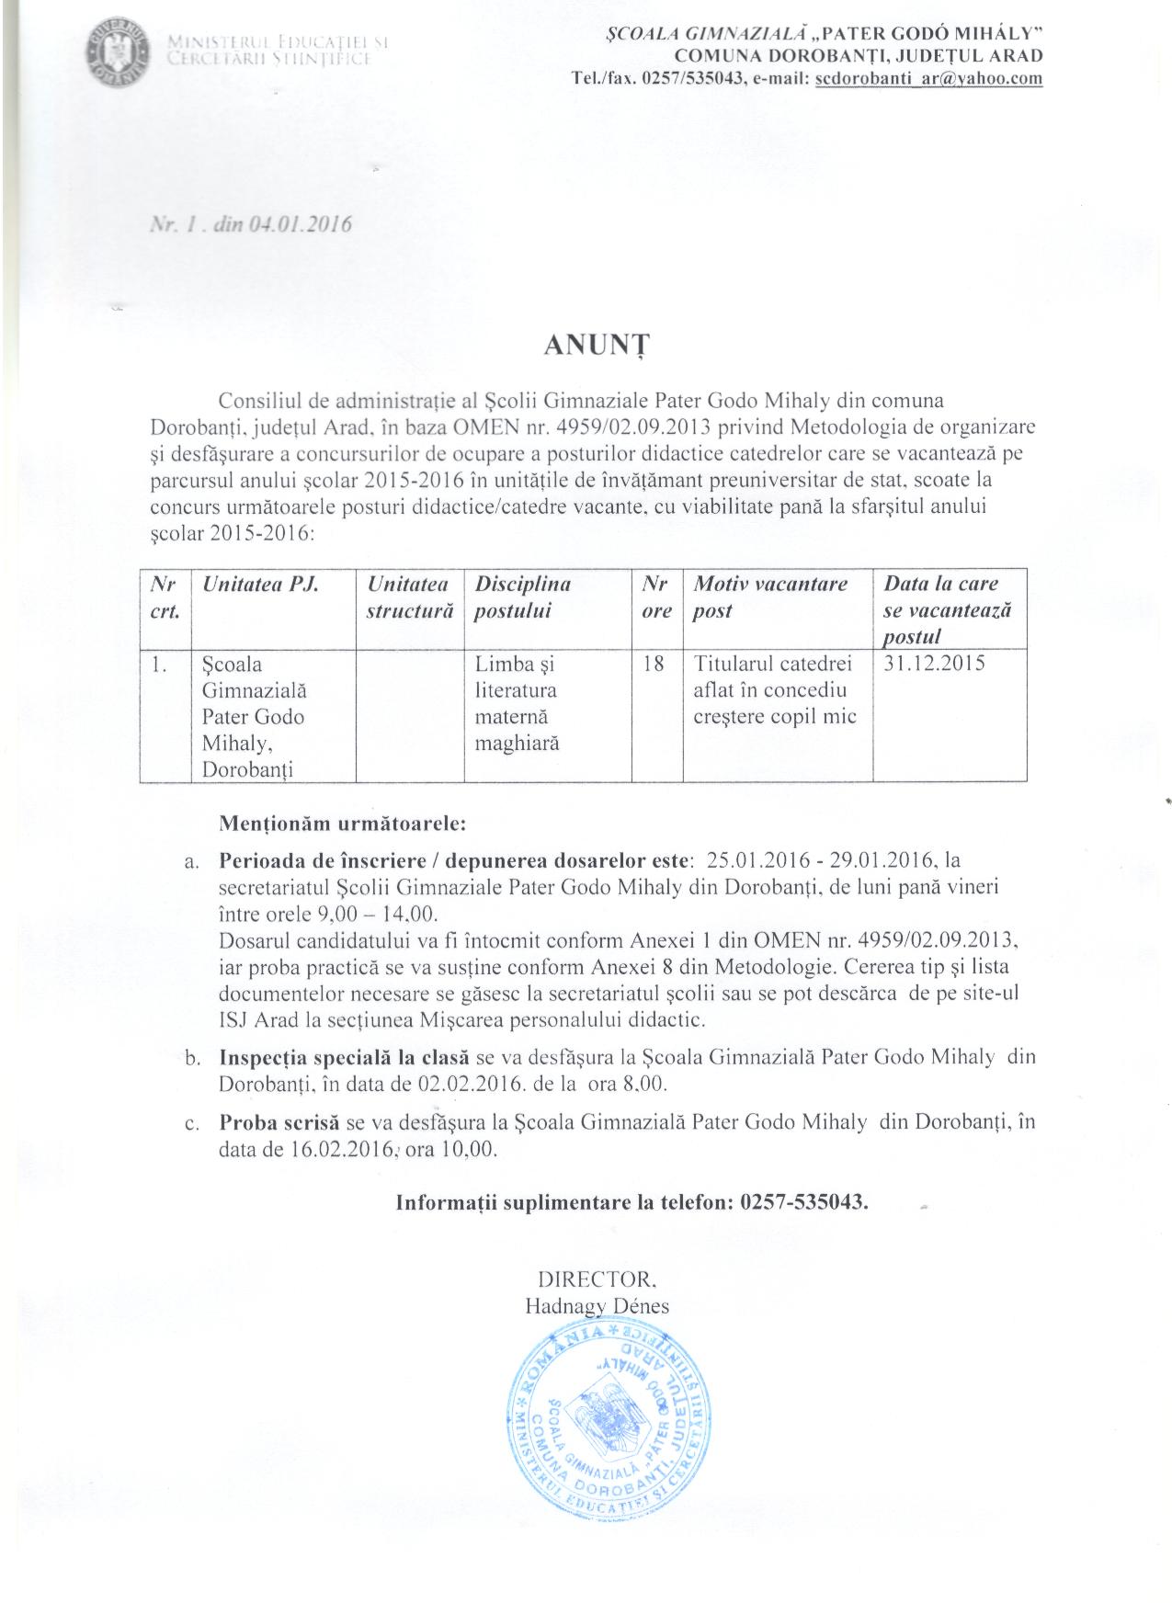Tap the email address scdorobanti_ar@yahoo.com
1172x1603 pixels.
pos(928,79)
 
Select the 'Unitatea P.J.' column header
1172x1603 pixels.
pos(260,585)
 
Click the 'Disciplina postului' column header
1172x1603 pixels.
pos(523,597)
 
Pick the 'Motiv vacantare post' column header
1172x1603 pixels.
pos(770,597)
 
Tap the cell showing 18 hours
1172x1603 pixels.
pos(654,664)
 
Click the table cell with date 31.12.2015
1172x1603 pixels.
pos(934,664)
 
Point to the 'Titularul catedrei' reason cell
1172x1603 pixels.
pos(774,689)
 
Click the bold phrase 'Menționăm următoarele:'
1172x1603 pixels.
pos(343,823)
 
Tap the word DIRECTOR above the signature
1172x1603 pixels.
pos(596,1279)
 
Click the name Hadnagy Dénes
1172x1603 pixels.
pos(597,1305)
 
